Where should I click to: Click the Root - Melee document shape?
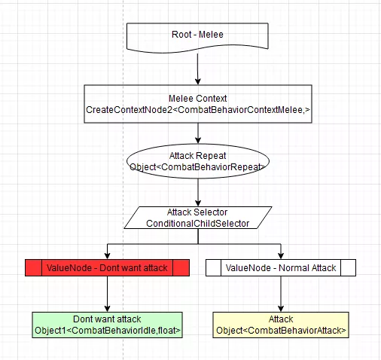tap(197, 38)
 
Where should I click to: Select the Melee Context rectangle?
tap(198, 104)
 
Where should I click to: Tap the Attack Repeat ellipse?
tap(198, 161)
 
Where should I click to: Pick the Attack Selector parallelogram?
tap(198, 218)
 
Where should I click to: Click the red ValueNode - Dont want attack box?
tap(107, 268)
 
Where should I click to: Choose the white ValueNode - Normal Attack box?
tap(281, 268)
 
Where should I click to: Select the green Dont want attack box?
tap(107, 325)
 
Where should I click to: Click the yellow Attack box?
tap(281, 325)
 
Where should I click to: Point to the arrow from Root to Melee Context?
tap(198, 69)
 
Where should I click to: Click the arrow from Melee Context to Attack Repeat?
tap(198, 133)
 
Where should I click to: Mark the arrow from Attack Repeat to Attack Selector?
tap(198, 193)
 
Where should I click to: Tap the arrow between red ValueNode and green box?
tap(107, 294)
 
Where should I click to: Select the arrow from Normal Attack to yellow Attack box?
tap(281, 294)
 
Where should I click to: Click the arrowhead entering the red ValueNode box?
tap(107, 256)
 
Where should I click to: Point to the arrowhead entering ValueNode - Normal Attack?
tap(281, 256)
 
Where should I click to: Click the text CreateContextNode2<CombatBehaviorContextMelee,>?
tap(198, 110)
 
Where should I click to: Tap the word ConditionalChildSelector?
tap(198, 224)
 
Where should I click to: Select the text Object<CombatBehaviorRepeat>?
tap(197, 167)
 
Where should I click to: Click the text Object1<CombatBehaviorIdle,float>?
tap(108, 331)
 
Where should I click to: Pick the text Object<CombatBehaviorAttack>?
tap(281, 331)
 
